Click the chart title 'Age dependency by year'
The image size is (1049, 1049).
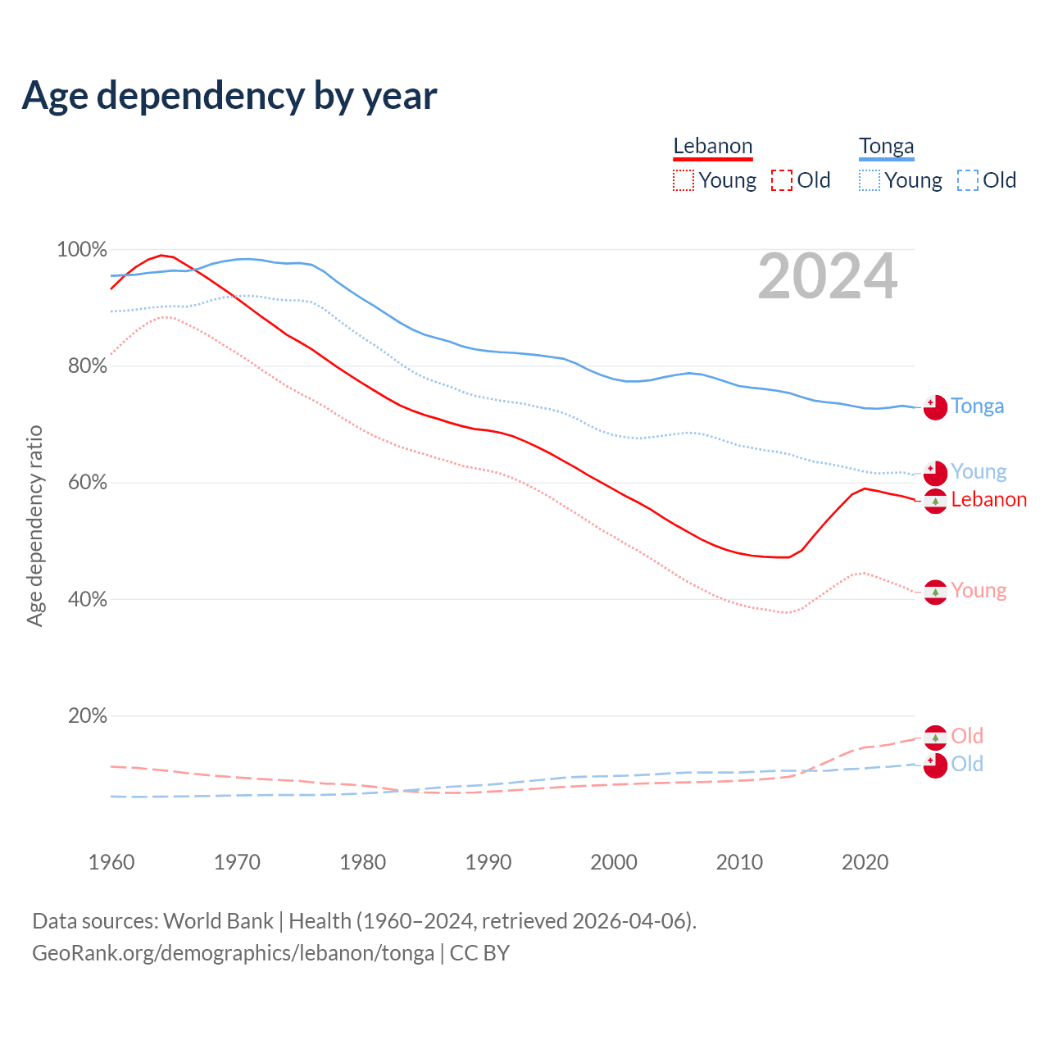click(229, 96)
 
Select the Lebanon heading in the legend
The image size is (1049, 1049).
click(712, 146)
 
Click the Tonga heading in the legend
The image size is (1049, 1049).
click(886, 146)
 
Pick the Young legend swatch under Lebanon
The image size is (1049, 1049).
click(683, 180)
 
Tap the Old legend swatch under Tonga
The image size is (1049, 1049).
click(967, 180)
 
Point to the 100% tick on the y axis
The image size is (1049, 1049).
click(82, 249)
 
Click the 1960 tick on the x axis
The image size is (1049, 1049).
click(111, 862)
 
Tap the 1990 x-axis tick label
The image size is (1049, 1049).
click(488, 862)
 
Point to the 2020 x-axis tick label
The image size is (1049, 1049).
click(865, 862)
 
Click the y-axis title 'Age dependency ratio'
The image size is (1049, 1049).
click(34, 525)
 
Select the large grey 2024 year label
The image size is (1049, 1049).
click(828, 277)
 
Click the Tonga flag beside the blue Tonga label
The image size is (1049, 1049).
click(935, 406)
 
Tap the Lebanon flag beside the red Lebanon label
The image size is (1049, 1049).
click(935, 501)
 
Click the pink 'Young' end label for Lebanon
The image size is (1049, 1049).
click(979, 591)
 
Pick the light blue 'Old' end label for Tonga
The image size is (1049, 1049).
click(967, 764)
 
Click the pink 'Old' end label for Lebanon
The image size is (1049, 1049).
click(967, 736)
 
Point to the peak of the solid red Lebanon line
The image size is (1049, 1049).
click(161, 255)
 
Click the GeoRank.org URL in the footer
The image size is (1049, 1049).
click(233, 953)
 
